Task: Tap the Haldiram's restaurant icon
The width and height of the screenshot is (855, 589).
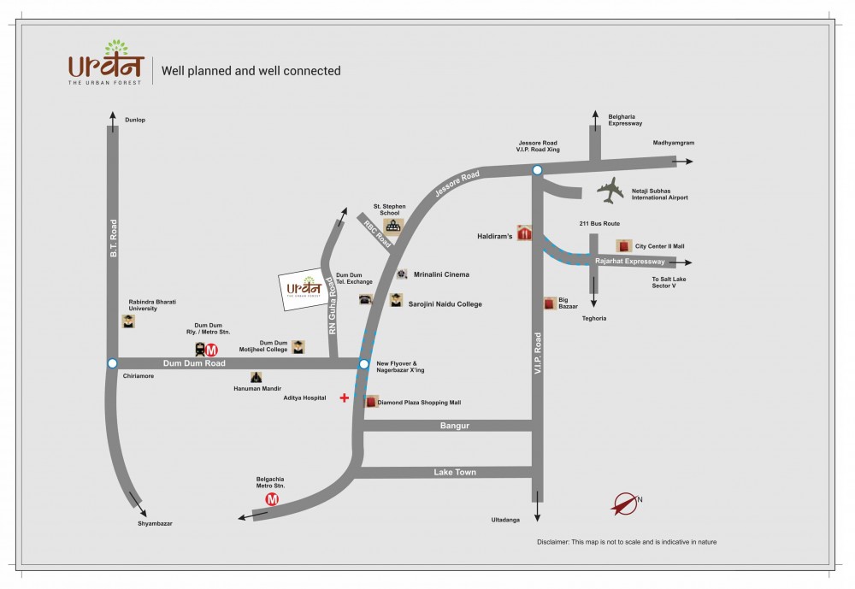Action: [x=525, y=233]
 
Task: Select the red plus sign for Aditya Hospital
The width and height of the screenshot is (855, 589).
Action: [x=345, y=398]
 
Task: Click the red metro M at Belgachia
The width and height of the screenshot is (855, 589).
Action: [x=273, y=499]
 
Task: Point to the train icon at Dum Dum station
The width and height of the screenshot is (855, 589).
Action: [x=199, y=349]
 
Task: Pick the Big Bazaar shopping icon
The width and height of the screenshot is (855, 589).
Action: [x=550, y=303]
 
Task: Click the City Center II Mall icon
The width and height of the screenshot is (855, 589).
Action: [x=624, y=246]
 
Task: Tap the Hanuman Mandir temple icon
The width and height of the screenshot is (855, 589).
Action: [x=256, y=377]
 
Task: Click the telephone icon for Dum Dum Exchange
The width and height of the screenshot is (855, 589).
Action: [x=366, y=300]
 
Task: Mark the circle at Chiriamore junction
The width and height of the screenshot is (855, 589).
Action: [x=112, y=363]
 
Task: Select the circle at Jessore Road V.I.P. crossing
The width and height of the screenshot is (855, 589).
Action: [x=537, y=171]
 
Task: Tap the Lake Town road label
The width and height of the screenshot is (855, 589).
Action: [x=455, y=472]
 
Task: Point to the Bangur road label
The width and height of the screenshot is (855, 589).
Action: [x=455, y=426]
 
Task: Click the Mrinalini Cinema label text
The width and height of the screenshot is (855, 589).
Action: [x=441, y=275]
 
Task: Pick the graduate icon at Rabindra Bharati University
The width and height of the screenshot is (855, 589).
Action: [x=127, y=321]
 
